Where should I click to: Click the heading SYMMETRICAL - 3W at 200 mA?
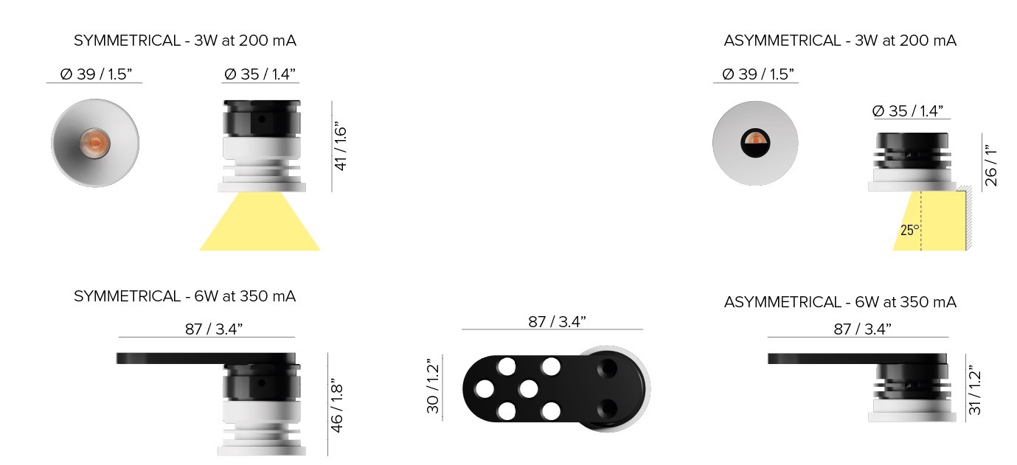(185, 41)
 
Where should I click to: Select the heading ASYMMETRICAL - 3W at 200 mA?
(840, 41)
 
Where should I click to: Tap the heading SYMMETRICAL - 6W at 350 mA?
(185, 296)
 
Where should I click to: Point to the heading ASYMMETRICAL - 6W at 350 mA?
(840, 302)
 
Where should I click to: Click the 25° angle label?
(910, 230)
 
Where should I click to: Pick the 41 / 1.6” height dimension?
(341, 146)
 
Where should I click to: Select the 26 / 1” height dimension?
(990, 166)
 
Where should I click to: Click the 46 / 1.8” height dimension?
(336, 405)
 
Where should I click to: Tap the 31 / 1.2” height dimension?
(975, 390)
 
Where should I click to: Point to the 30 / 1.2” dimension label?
(433, 386)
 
